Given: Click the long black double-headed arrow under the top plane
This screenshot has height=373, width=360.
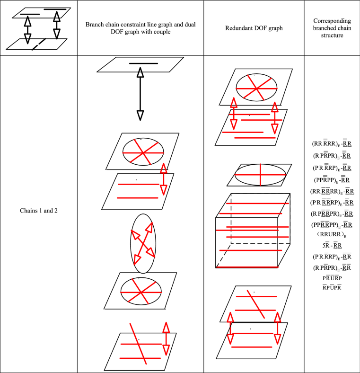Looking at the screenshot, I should pyautogui.click(x=140, y=94).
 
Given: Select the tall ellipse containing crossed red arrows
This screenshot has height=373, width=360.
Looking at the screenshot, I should pyautogui.click(x=143, y=244).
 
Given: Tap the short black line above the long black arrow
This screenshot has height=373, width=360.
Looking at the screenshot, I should pyautogui.click(x=142, y=63).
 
